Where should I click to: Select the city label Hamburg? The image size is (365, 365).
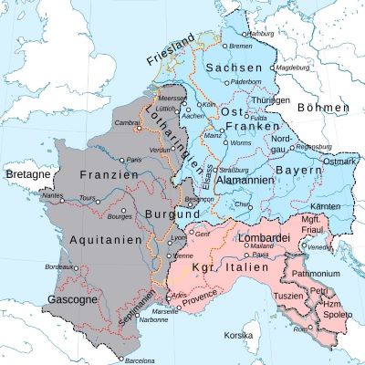tap(261, 35)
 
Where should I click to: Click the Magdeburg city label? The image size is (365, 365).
tap(289, 67)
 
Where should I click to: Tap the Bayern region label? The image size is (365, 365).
tap(300, 171)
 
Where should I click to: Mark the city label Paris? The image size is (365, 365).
tap(136, 160)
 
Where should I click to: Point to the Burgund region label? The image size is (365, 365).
tap(164, 215)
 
